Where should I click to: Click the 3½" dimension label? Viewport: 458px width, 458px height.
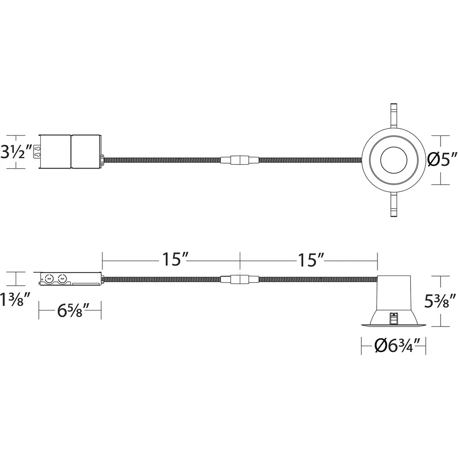click(x=17, y=152)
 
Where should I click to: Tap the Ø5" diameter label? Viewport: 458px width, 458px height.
click(x=442, y=160)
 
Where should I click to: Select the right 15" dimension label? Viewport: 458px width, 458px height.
click(x=311, y=260)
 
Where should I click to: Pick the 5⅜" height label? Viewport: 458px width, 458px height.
click(x=440, y=301)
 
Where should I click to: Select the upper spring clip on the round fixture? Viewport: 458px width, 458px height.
click(x=394, y=116)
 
